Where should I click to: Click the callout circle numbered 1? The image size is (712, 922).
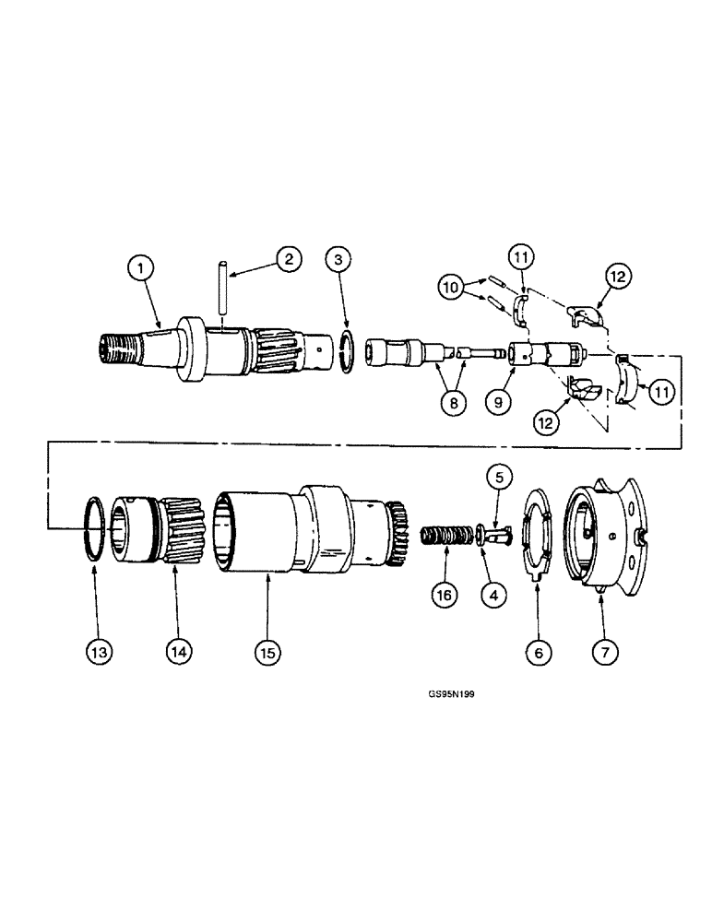point(142,268)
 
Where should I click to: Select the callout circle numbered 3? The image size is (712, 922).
point(338,260)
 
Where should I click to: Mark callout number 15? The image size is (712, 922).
point(267,650)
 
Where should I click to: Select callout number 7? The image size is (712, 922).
point(604,650)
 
